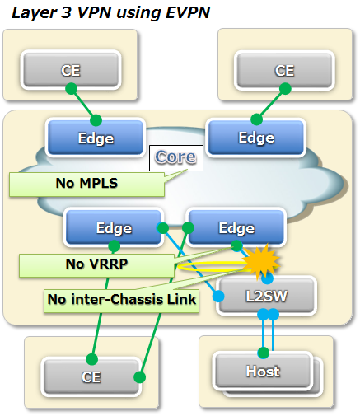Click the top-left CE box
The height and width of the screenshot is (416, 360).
(71, 70)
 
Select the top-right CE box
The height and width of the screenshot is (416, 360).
(284, 70)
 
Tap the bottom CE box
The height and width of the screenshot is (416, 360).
(91, 376)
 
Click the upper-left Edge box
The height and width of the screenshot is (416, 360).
(96, 138)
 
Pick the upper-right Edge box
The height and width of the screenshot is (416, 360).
(256, 138)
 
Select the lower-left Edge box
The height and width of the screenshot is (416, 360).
(114, 227)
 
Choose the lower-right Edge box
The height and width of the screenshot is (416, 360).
(236, 227)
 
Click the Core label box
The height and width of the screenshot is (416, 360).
(176, 158)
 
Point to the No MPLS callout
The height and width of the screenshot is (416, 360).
(86, 184)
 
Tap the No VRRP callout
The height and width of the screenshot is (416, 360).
(96, 265)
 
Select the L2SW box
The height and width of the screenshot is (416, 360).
(266, 296)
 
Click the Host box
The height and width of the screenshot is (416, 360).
(263, 371)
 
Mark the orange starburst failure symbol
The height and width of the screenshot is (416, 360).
(261, 262)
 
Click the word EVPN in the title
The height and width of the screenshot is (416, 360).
(188, 13)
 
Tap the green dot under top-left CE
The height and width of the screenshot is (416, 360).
(72, 89)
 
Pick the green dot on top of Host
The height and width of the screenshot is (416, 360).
(264, 353)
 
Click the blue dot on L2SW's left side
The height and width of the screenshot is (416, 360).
(218, 297)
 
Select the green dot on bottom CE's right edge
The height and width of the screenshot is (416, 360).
(139, 377)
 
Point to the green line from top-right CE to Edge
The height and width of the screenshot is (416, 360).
(271, 104)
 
